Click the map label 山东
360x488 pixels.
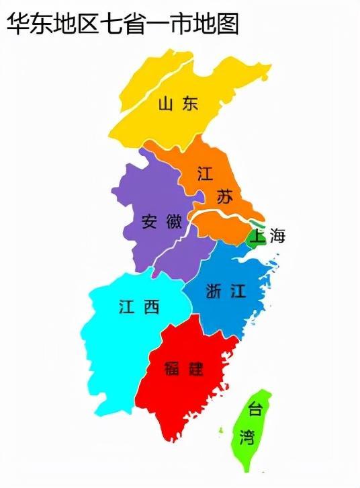(x=178, y=104)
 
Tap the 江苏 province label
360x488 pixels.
(x=215, y=184)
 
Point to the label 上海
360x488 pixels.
(x=268, y=236)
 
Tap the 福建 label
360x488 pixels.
(x=184, y=368)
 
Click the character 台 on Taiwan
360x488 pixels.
(x=255, y=408)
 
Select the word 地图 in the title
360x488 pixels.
(x=216, y=24)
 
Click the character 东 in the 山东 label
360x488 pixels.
(x=190, y=104)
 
